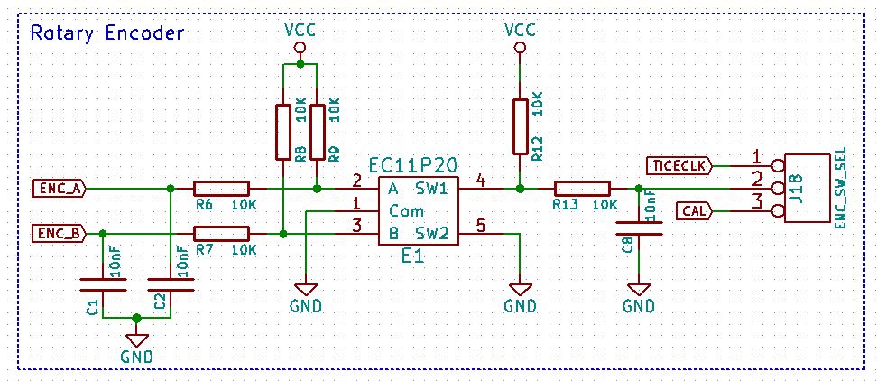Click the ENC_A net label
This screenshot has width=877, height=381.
click(59, 189)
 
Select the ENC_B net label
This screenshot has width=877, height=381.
click(59, 233)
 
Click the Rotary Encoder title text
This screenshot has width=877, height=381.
click(106, 33)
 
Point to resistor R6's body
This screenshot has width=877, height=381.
click(221, 189)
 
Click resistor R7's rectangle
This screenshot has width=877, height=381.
click(221, 233)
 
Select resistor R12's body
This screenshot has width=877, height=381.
click(521, 126)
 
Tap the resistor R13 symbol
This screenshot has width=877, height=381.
click(582, 189)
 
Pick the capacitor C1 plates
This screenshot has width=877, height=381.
click(103, 284)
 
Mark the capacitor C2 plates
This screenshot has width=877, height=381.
click(171, 284)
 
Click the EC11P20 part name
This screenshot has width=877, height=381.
click(413, 166)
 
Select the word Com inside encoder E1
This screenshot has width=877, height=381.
click(407, 211)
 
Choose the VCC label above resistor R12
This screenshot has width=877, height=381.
click(521, 29)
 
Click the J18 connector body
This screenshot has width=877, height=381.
click(806, 189)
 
